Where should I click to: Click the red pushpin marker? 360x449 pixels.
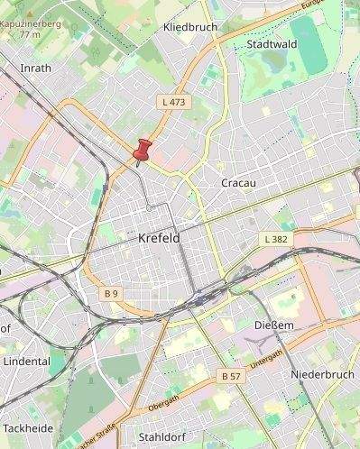pos(142,150)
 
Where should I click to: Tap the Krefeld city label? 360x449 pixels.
pos(160,239)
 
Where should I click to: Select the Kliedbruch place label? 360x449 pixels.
pos(190,28)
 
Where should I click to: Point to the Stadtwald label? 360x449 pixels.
pos(272,42)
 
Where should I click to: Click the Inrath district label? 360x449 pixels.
pos(35,68)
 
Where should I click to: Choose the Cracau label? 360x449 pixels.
pos(239,183)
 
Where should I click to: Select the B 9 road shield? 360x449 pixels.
pos(111,294)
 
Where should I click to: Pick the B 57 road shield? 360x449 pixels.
pos(231,375)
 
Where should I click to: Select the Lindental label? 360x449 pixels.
pos(27,361)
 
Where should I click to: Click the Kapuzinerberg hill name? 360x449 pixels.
pos(30,23)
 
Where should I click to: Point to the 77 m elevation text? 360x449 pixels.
pos(30,34)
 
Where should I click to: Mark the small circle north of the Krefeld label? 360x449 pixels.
pos(149,208)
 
